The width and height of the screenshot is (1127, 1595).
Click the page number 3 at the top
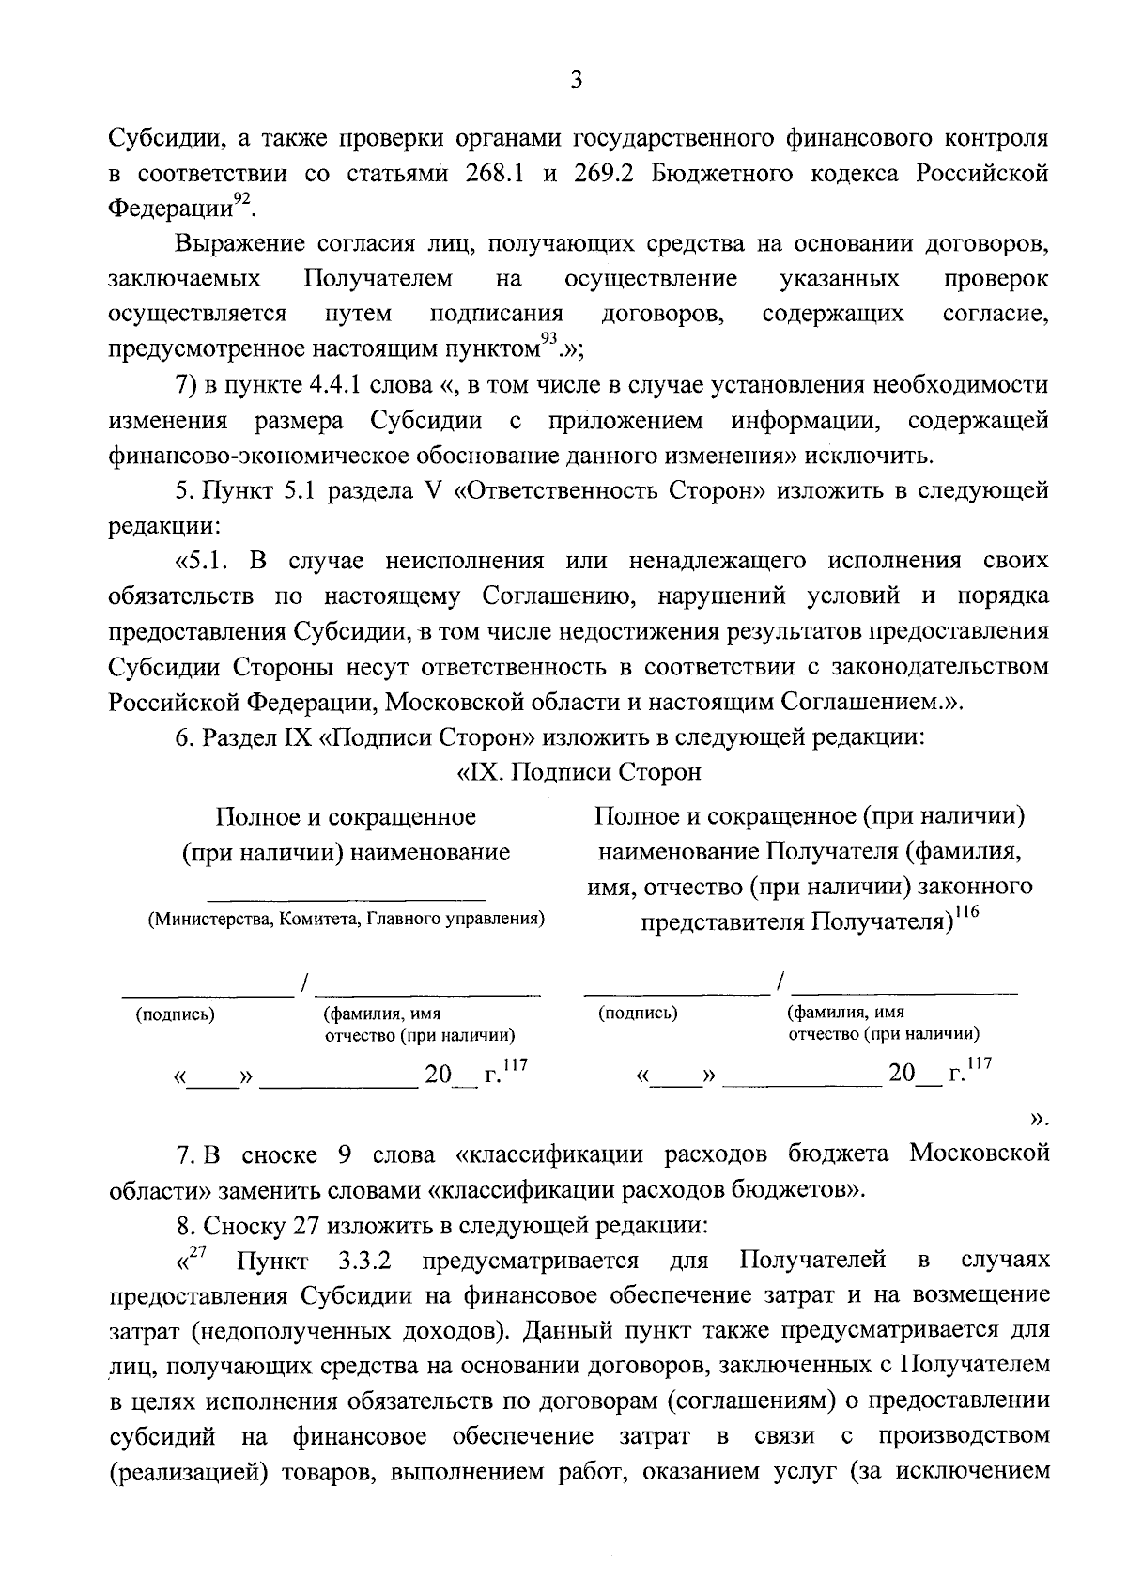[576, 82]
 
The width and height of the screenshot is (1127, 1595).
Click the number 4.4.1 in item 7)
[335, 385]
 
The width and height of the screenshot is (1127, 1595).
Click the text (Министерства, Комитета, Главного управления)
[346, 919]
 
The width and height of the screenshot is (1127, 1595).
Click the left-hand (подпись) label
[176, 1014]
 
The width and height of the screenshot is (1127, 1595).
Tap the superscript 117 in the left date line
[516, 1065]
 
